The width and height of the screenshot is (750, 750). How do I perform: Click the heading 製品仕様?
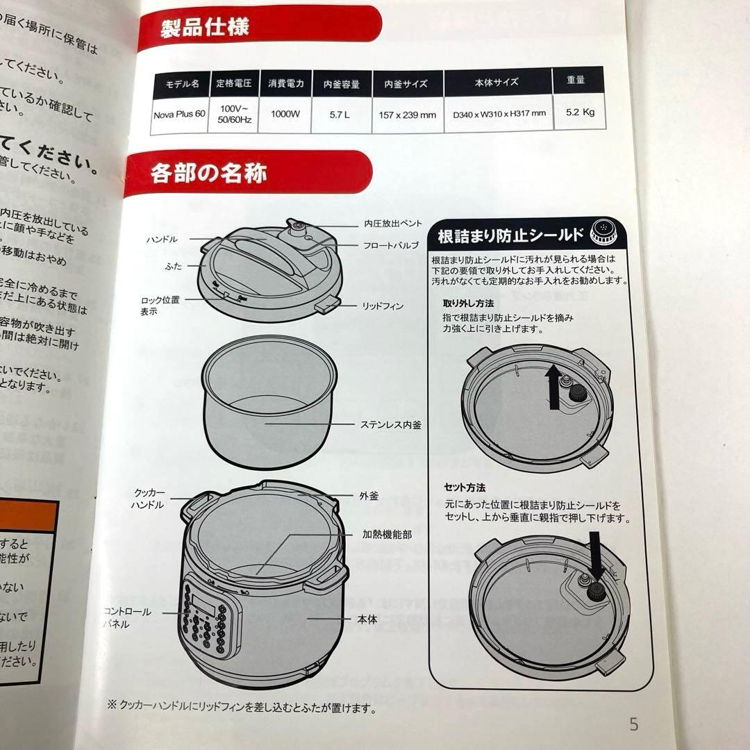pyautogui.click(x=204, y=28)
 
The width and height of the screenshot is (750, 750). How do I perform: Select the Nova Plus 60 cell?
pyautogui.click(x=179, y=114)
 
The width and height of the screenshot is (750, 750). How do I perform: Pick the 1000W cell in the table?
pyautogui.click(x=285, y=114)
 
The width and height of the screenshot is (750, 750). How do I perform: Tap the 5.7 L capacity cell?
pyautogui.click(x=342, y=114)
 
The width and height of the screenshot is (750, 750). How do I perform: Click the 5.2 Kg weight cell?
pyautogui.click(x=579, y=112)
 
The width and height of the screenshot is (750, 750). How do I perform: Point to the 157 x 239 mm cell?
pyautogui.click(x=408, y=115)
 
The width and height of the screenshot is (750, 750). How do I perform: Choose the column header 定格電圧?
pyautogui.click(x=233, y=83)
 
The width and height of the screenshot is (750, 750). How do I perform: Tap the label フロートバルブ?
pyautogui.click(x=390, y=246)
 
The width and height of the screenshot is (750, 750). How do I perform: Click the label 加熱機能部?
pyautogui.click(x=387, y=535)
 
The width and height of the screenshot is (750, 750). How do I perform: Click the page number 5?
pyautogui.click(x=633, y=724)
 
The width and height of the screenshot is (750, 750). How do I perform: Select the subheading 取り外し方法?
pyautogui.click(x=468, y=304)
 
